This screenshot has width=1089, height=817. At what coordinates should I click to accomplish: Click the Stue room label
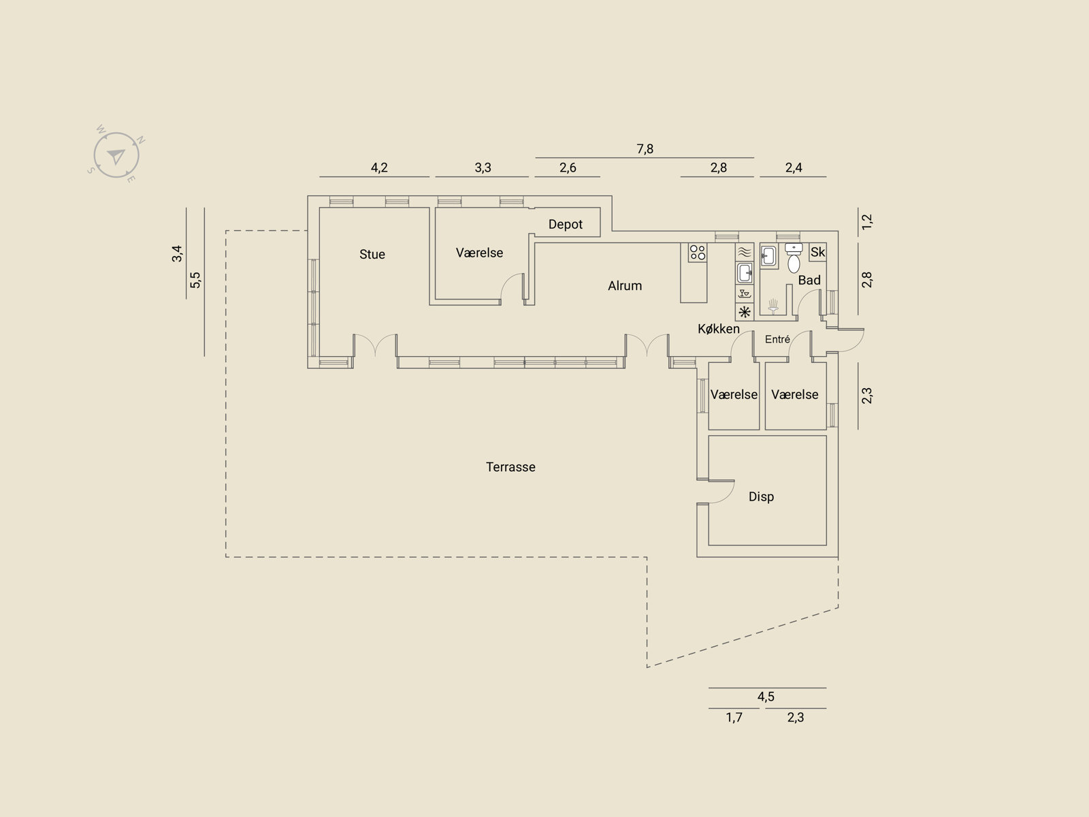[x=372, y=255]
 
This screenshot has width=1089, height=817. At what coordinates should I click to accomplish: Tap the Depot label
[x=565, y=225]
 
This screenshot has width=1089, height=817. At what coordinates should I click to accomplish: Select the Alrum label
[x=625, y=286]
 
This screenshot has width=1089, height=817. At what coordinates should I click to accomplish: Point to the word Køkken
[x=718, y=329]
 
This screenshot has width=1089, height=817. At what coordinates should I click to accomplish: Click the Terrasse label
[x=510, y=467]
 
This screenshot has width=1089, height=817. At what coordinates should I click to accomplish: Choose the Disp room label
[x=761, y=496]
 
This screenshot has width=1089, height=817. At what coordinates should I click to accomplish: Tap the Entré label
[x=777, y=339]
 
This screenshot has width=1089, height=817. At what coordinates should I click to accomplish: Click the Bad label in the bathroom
[x=809, y=281]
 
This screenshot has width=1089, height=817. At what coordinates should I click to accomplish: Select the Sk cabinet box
[x=817, y=252]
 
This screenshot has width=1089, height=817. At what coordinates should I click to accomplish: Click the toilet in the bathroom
[x=794, y=258]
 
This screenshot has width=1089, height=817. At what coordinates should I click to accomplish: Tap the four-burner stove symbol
[x=698, y=253]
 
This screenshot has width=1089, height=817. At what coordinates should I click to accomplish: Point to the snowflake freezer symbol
[x=745, y=312]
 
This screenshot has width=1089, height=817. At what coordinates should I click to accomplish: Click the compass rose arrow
[x=116, y=157]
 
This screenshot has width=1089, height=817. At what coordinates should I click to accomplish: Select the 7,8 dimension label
[x=645, y=149]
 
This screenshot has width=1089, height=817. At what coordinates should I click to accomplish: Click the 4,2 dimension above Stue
[x=379, y=167]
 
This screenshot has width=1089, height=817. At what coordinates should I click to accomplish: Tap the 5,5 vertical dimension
[x=195, y=280]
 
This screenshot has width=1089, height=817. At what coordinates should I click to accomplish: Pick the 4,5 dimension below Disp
[x=766, y=696]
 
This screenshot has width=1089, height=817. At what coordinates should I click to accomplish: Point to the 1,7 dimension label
[x=734, y=718]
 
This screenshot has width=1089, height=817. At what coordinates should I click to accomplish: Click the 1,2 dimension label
[x=866, y=222]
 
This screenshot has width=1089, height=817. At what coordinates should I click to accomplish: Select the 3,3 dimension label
[x=483, y=167]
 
